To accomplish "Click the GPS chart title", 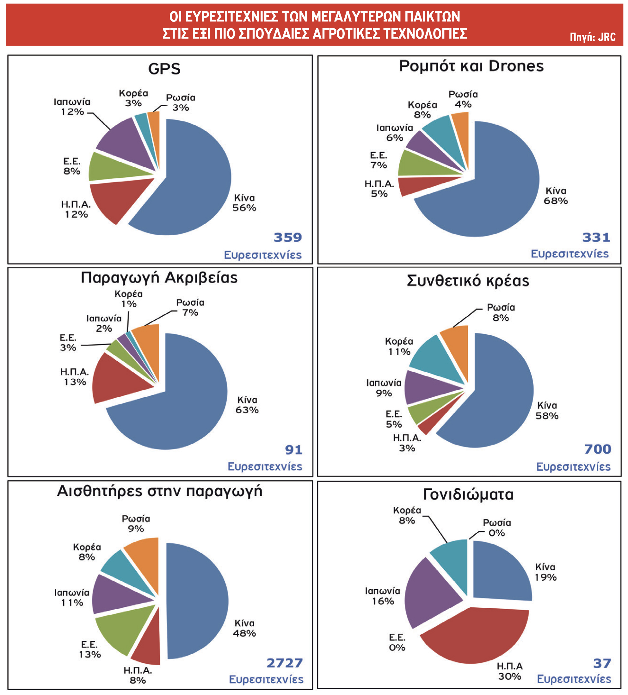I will click(x=164, y=69).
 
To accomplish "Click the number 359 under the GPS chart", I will click(x=287, y=237).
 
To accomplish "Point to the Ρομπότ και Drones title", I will click(x=471, y=66).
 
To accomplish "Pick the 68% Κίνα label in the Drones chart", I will click(x=555, y=196).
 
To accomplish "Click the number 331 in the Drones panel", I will click(x=596, y=237).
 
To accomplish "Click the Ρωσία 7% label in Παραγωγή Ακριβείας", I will click(x=190, y=307).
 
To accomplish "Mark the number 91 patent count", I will click(x=293, y=450).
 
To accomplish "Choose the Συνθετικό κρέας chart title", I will click(x=468, y=281).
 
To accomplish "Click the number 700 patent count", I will click(x=598, y=449).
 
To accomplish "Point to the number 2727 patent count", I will click(x=284, y=663).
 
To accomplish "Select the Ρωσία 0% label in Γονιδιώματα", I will click(x=496, y=528).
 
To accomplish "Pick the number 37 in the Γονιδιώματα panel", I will click(x=602, y=663).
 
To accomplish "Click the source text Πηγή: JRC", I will click(x=592, y=37).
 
